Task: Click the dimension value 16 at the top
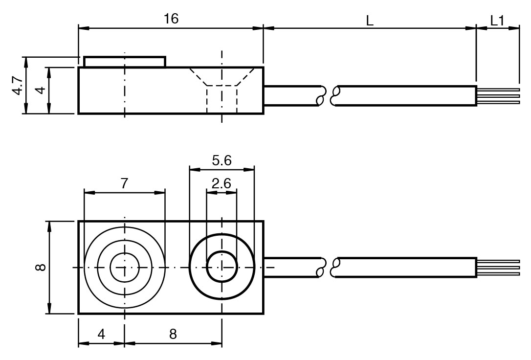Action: (171, 19)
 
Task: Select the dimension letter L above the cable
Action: (370, 21)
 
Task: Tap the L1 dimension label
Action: (497, 21)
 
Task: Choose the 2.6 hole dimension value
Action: (221, 183)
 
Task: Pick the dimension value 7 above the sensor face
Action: (124, 183)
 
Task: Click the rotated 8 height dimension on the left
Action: (41, 267)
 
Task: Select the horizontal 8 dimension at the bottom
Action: (173, 334)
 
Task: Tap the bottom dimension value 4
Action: (101, 334)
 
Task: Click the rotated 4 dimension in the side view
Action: (42, 90)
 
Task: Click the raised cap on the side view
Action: (125, 62)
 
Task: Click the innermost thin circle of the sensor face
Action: (125, 267)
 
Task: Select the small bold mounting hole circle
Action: (222, 267)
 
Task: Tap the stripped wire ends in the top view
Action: (498, 96)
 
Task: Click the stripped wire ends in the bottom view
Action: (498, 267)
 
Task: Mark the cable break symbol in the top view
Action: (328, 96)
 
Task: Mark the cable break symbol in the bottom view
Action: (328, 267)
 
